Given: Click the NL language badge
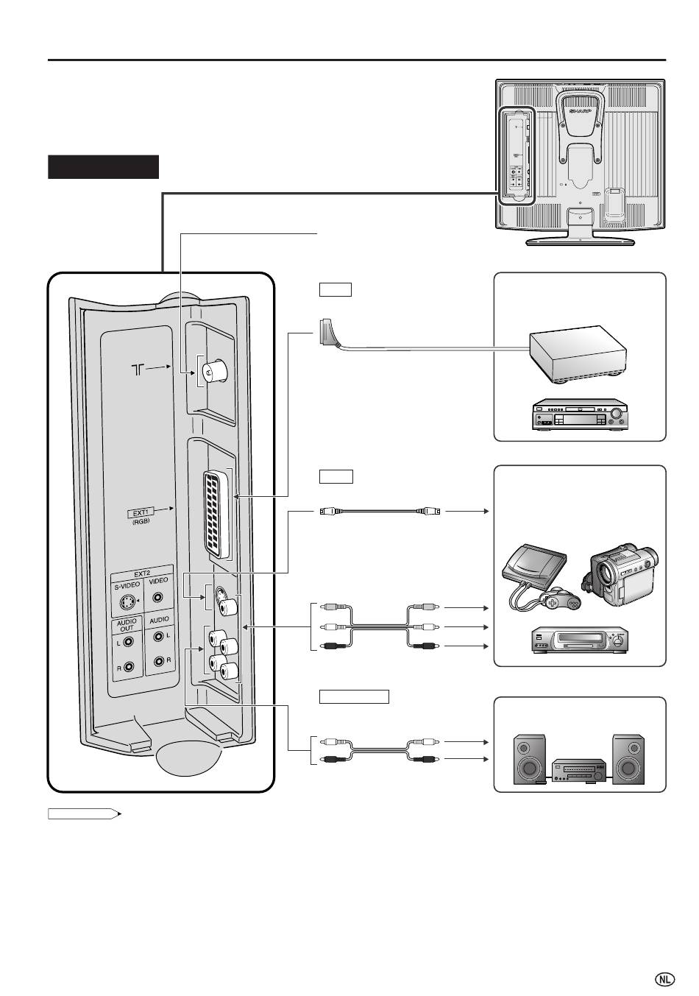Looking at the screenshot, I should [x=664, y=979].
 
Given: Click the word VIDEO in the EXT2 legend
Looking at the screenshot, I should [x=158, y=581].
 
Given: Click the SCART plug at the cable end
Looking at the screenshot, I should [x=328, y=332].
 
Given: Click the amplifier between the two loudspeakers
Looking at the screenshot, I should [x=581, y=771].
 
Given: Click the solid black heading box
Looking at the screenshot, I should [x=104, y=167].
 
